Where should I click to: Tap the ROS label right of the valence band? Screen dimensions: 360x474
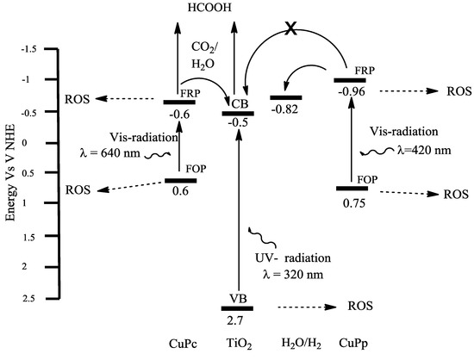359,305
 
